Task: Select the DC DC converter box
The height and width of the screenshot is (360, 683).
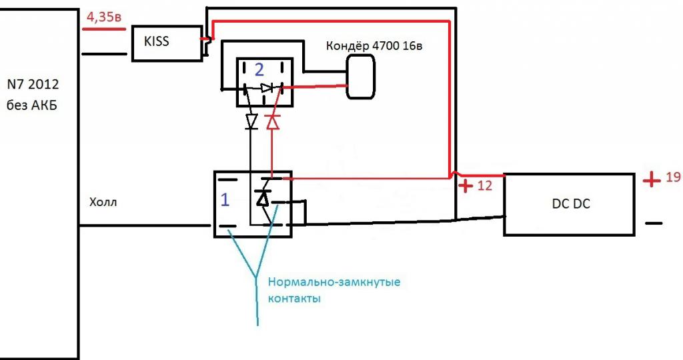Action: (568, 204)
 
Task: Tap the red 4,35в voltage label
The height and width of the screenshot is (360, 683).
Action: (101, 19)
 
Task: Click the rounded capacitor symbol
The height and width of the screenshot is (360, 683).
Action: (360, 76)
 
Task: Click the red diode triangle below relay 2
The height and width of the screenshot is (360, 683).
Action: (272, 122)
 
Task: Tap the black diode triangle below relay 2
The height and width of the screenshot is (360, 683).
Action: (251, 121)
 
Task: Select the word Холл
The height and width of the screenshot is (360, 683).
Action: (103, 203)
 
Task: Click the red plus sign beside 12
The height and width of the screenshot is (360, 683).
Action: (464, 185)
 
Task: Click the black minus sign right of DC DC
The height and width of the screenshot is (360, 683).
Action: (654, 223)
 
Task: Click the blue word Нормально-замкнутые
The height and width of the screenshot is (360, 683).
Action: (333, 282)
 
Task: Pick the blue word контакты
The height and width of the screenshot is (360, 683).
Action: (294, 299)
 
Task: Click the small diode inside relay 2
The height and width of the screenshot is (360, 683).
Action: (267, 87)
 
